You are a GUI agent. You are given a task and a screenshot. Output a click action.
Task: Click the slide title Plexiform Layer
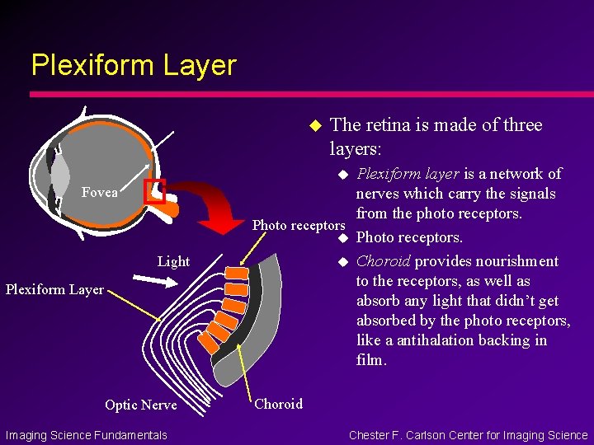[x=134, y=65]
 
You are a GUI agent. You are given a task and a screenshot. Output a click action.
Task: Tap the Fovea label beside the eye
[x=99, y=192]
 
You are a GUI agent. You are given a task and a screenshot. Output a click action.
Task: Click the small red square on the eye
[x=155, y=191]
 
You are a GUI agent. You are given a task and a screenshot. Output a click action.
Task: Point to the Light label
[x=173, y=262]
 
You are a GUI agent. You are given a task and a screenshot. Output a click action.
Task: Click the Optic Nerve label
[x=140, y=405]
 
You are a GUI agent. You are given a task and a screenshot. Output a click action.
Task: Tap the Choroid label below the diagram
[x=278, y=404]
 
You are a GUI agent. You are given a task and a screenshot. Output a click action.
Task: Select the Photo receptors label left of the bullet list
[x=298, y=226]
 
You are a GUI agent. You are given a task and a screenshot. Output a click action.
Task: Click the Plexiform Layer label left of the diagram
[x=54, y=289]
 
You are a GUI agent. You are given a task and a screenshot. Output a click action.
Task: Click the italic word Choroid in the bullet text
[x=383, y=261]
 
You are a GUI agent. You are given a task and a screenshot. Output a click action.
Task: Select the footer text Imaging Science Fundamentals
[x=86, y=435]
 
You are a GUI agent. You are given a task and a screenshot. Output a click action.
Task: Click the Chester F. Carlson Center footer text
[x=468, y=435]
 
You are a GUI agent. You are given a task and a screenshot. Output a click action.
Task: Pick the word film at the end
[x=370, y=360]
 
